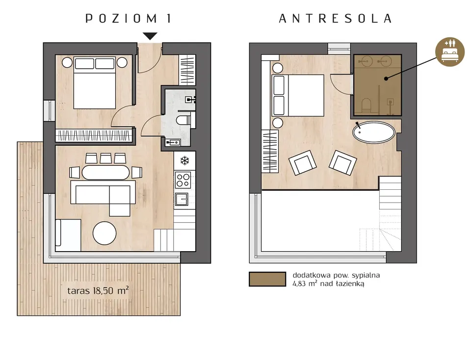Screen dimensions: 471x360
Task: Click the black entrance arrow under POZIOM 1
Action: pyautogui.click(x=150, y=36)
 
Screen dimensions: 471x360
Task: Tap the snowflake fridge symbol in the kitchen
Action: pyautogui.click(x=184, y=161)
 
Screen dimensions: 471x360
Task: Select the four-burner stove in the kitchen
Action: pyautogui.click(x=183, y=180)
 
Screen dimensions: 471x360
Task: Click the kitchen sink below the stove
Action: pyautogui.click(x=182, y=199)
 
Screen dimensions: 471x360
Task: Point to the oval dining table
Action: pyautogui.click(x=106, y=172)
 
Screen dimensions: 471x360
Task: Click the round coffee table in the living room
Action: pyautogui.click(x=105, y=233)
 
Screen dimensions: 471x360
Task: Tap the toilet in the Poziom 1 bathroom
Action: pyautogui.click(x=183, y=120)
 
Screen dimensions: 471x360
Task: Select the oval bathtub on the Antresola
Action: pyautogui.click(x=374, y=132)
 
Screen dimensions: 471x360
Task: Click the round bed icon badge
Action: pyautogui.click(x=450, y=51)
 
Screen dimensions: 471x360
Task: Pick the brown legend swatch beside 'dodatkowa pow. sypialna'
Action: pyautogui.click(x=267, y=279)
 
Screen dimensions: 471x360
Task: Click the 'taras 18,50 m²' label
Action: pyautogui.click(x=98, y=291)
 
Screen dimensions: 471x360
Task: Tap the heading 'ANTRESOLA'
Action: pyautogui.click(x=335, y=19)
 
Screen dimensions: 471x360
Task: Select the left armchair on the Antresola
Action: pyautogui.click(x=303, y=162)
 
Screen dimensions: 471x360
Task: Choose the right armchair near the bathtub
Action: pyautogui.click(x=343, y=163)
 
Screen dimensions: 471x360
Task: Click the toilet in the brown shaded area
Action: pyautogui.click(x=366, y=105)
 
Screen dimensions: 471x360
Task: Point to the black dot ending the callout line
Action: pyautogui.click(x=386, y=78)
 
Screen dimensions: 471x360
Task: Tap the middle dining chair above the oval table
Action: pyautogui.click(x=106, y=158)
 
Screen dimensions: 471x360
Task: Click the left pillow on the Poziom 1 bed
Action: pyautogui.click(x=84, y=63)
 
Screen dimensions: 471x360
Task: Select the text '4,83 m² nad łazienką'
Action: pyautogui.click(x=328, y=283)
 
